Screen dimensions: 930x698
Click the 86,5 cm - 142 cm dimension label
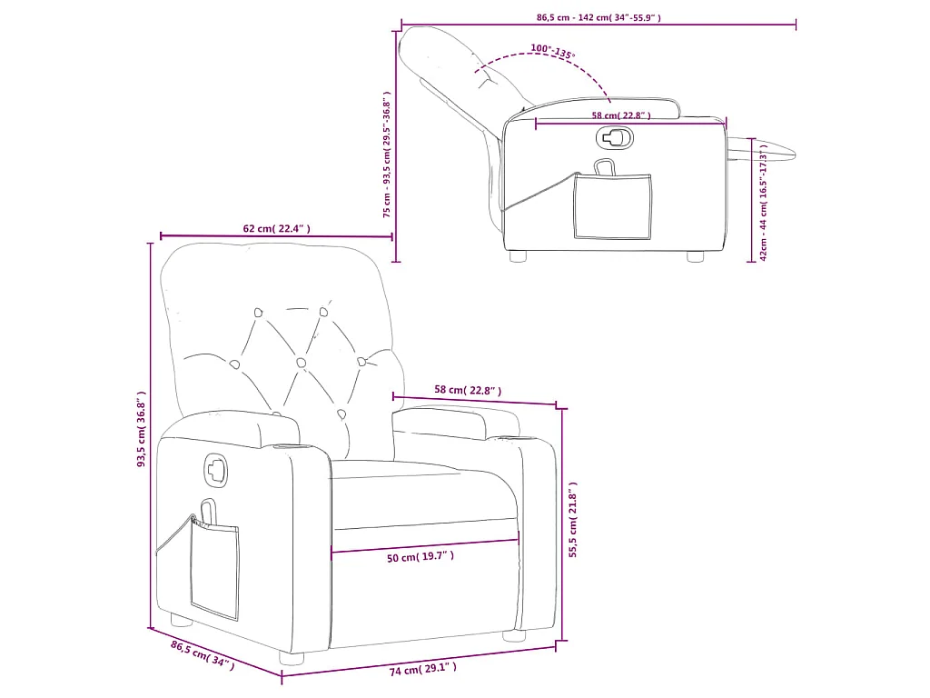pyautogui.click(x=599, y=17)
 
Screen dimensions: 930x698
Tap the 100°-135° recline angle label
pyautogui.click(x=552, y=52)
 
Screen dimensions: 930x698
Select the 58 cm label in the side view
pyautogui.click(x=621, y=115)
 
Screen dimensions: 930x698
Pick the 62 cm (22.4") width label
pyautogui.click(x=276, y=229)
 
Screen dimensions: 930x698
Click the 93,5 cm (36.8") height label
pyautogui.click(x=141, y=430)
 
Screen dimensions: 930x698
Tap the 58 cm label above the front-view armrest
pyautogui.click(x=467, y=390)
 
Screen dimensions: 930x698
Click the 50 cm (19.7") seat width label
pyautogui.click(x=420, y=557)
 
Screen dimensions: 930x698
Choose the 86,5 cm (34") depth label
pyautogui.click(x=202, y=654)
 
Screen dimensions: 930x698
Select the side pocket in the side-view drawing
pyautogui.click(x=613, y=207)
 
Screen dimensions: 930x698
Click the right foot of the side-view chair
pyautogui.click(x=695, y=256)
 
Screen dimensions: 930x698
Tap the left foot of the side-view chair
pyautogui.click(x=519, y=256)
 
